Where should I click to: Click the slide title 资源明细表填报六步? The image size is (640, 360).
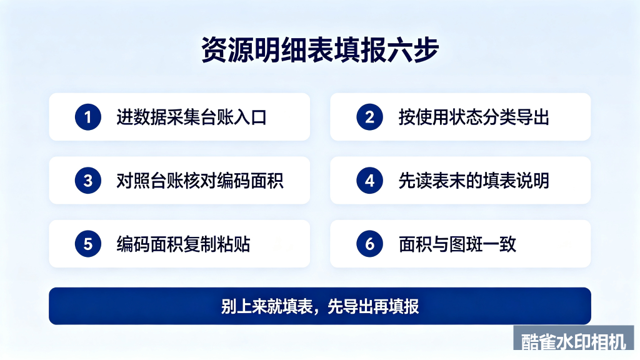tap(320, 50)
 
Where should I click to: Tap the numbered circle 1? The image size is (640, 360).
tap(87, 117)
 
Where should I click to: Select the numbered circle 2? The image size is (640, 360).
tap(369, 117)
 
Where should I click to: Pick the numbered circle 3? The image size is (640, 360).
tap(87, 181)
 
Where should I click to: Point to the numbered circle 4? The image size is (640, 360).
tap(369, 181)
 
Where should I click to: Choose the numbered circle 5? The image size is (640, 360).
tap(87, 244)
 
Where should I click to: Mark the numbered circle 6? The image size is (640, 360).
tap(369, 244)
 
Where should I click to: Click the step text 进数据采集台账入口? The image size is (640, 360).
tap(191, 117)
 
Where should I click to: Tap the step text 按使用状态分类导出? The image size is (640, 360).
tap(474, 117)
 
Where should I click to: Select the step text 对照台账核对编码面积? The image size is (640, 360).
tap(200, 181)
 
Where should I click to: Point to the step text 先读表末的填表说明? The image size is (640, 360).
tap(474, 181)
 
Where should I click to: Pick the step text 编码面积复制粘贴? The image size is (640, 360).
tap(183, 244)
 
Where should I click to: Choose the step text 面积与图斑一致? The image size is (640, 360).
tap(457, 244)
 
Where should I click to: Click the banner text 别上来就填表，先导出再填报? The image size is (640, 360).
tap(320, 306)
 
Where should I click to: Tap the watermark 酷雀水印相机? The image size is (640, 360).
tap(574, 341)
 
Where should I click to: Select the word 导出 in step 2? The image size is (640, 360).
tap(532, 117)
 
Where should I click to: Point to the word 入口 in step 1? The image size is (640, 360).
tap(250, 117)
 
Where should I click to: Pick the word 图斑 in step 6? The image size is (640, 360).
tap(466, 244)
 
